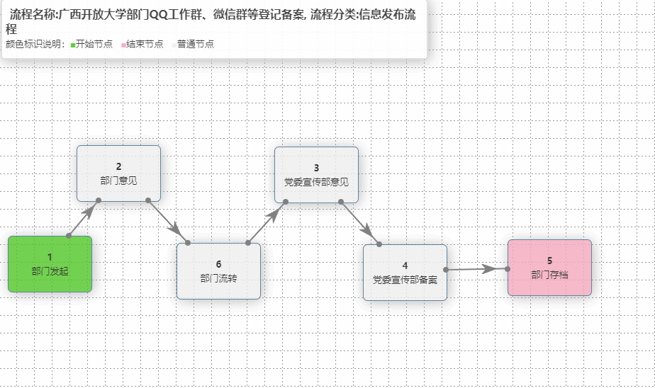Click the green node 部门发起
point(50,263)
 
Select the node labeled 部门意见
point(118,173)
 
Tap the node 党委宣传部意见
point(316,175)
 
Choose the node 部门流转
point(218,271)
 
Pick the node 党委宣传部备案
point(405,273)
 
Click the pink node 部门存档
point(549,268)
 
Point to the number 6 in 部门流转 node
point(218,264)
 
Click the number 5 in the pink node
point(549,261)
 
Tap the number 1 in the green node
point(50,256)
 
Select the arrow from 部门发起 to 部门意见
point(84,217)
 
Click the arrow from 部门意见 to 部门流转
point(168,222)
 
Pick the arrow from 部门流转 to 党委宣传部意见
point(267,222)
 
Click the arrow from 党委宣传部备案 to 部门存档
point(476,269)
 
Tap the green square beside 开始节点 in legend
point(73,45)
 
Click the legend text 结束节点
point(145,44)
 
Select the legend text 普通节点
point(195,44)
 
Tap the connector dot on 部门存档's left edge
point(508,268)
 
